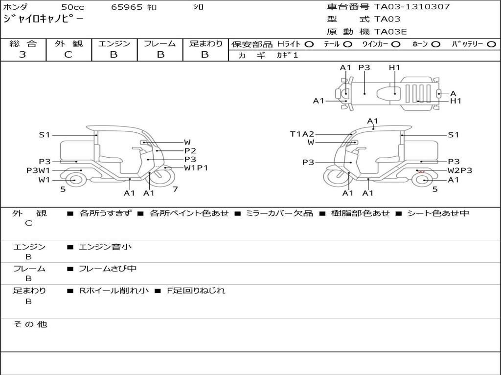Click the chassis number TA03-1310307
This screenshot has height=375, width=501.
tap(412, 7)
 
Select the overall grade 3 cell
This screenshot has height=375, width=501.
tap(23, 55)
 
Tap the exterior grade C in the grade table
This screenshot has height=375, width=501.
tap(68, 55)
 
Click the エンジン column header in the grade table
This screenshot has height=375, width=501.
tap(114, 44)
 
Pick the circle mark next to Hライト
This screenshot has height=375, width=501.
tap(309, 44)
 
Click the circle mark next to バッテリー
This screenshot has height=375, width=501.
tap(491, 44)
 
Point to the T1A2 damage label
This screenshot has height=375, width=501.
tap(302, 134)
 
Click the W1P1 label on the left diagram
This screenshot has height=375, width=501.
tap(196, 167)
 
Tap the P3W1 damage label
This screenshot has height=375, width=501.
tap(38, 170)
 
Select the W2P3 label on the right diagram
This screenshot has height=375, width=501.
tap(460, 170)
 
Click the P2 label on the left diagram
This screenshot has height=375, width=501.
tap(190, 151)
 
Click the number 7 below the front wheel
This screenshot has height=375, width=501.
tap(175, 189)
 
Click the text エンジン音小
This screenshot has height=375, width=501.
tap(105, 247)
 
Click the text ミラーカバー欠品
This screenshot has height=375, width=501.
tap(279, 213)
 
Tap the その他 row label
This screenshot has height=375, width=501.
tap(30, 324)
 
